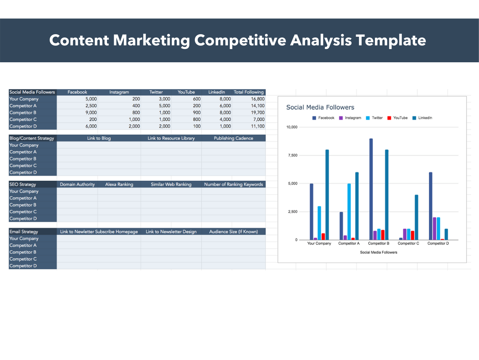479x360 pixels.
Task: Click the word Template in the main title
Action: click(x=391, y=40)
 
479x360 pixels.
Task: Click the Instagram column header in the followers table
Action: click(x=119, y=92)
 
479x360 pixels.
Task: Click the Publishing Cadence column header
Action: click(x=233, y=138)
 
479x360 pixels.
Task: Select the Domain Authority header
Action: click(x=77, y=184)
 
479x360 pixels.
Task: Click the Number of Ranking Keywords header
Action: click(x=233, y=184)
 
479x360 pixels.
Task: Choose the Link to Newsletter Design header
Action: click(x=171, y=232)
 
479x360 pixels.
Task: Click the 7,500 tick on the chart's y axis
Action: click(x=292, y=156)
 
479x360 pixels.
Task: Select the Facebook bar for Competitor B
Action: click(x=371, y=189)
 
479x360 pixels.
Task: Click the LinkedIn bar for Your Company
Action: click(x=327, y=194)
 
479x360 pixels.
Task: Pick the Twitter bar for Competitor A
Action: click(x=349, y=212)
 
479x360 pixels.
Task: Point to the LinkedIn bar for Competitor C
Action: click(x=416, y=217)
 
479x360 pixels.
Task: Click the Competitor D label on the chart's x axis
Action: click(x=438, y=244)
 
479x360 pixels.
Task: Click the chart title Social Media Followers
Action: click(x=320, y=107)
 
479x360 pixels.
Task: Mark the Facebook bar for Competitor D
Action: click(x=430, y=206)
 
